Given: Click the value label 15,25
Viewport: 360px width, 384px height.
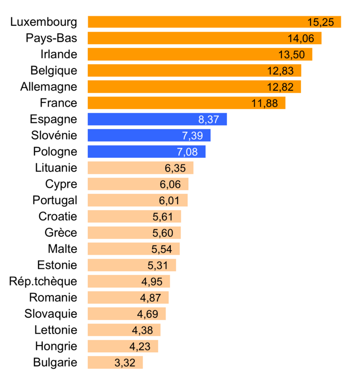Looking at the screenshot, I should tap(320, 22).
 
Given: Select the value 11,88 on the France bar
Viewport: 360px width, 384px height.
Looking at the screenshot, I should tap(265, 103).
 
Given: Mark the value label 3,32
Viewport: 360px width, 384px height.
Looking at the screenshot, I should tap(125, 363).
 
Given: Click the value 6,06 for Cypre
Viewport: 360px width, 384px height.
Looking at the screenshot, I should tap(170, 184).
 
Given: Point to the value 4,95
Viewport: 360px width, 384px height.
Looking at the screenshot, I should tap(152, 281).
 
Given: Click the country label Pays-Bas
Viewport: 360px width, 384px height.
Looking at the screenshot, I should tap(51, 38).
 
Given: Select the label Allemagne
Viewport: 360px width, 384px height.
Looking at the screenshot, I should tap(48, 87).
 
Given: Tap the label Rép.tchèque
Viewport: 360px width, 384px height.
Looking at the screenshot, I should tap(43, 281).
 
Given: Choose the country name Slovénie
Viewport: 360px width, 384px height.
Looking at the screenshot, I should tap(53, 135).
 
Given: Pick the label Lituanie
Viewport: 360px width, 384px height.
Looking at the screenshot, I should tap(56, 168).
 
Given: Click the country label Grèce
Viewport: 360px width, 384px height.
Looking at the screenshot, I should tap(60, 233).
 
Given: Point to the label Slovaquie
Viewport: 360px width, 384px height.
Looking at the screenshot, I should tap(50, 314).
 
